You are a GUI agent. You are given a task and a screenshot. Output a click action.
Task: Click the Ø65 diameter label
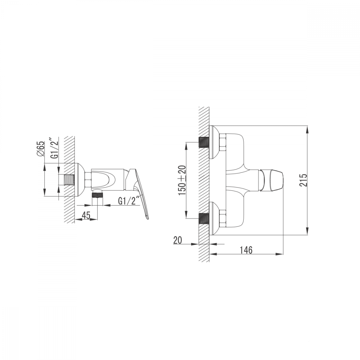[40, 149]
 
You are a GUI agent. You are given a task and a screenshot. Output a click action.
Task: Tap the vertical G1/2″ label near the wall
[55, 148]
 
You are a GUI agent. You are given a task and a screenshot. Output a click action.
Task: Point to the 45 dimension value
[86, 215]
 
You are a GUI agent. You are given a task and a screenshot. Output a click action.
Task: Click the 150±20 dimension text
[182, 180]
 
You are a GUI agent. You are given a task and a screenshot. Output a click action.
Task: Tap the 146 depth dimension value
[246, 250]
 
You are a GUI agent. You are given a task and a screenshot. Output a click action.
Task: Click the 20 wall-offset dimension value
[178, 240]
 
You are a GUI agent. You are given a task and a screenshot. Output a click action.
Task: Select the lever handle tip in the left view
[147, 219]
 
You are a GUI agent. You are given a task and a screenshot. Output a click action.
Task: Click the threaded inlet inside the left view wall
[69, 180]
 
